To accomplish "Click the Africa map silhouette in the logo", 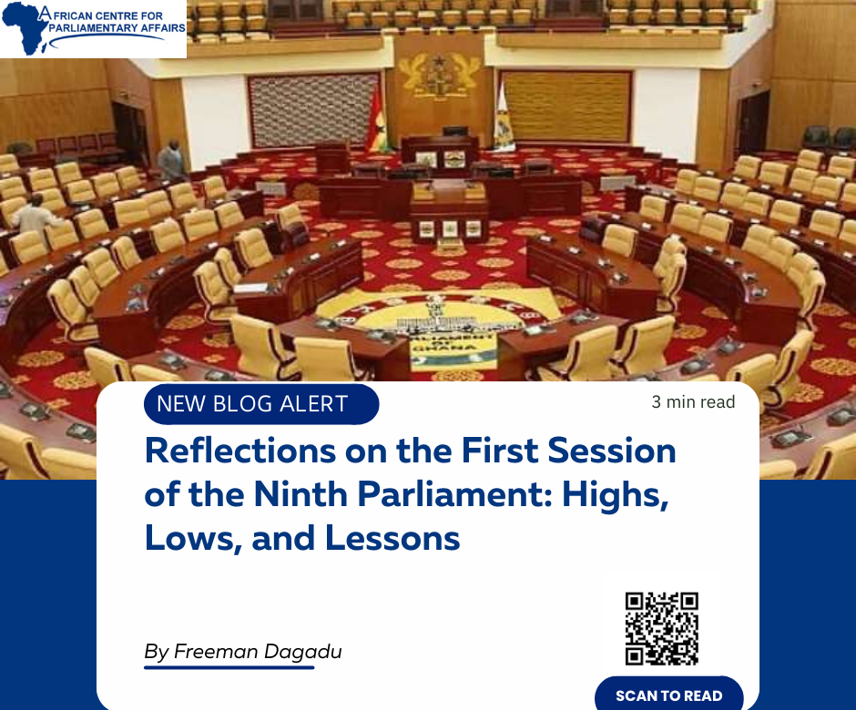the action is click(23, 28).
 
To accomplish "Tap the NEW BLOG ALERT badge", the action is click(261, 404).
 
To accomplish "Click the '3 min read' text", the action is click(693, 402).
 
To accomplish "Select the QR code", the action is click(662, 629).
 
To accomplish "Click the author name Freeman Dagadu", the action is click(258, 652).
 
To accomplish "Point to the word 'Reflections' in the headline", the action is click(240, 451).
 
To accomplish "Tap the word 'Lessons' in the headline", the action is click(392, 539).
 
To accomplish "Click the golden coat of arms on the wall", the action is click(439, 75).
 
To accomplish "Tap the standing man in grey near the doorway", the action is click(171, 158).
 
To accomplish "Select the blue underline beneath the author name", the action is click(229, 667).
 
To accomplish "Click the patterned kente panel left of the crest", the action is click(313, 110).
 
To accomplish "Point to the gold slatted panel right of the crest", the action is click(566, 106).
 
